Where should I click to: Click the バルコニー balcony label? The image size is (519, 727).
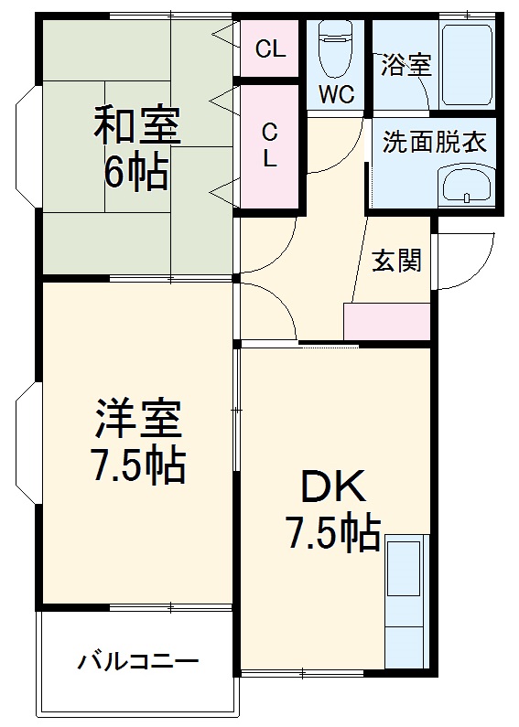[137, 660]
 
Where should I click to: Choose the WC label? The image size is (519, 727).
[336, 93]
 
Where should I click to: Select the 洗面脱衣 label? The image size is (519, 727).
[434, 142]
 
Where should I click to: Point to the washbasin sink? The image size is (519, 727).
[466, 187]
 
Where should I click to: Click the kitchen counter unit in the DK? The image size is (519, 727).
[405, 603]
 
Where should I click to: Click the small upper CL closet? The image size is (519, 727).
[270, 49]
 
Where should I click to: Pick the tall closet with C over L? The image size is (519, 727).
[270, 144]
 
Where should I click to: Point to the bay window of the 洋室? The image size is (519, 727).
[27, 444]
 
